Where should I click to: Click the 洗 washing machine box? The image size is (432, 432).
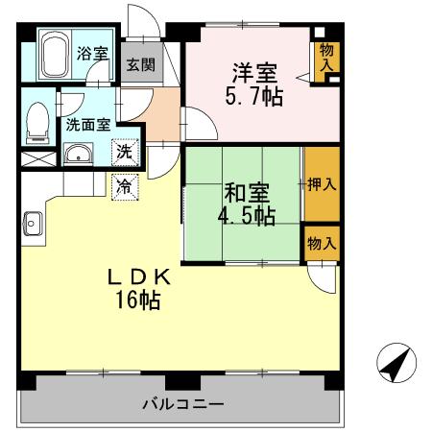(x=125, y=151)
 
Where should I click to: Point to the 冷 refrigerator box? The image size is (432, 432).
(x=125, y=184)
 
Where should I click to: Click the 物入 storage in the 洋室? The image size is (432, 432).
(x=326, y=57)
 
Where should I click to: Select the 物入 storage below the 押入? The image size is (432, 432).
(x=322, y=244)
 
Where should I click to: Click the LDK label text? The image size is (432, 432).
(x=138, y=276)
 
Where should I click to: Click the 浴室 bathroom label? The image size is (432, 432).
(x=91, y=55)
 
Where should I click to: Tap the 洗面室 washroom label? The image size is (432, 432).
(x=87, y=123)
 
